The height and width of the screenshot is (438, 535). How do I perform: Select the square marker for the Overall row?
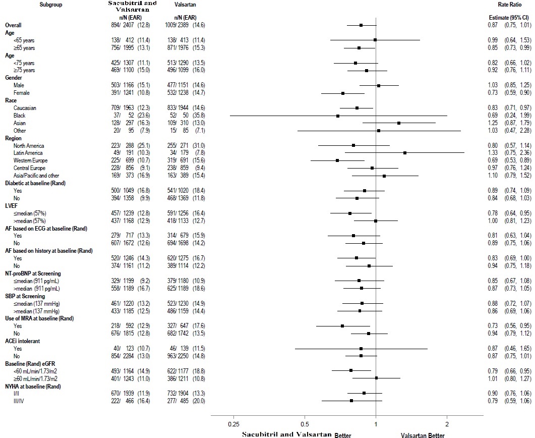coord(361,25)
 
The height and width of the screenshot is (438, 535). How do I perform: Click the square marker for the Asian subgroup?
coord(399,123)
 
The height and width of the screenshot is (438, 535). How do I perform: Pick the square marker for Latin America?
coord(405,152)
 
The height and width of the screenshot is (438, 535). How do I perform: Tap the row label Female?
coord(21,93)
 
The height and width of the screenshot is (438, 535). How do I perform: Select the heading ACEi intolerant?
coord(23,341)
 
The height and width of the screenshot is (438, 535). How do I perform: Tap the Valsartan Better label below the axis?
coord(423,434)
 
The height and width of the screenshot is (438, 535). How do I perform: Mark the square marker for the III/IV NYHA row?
coord(351,401)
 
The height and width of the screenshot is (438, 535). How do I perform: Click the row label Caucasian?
coord(25,108)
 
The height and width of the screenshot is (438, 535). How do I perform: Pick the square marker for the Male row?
coord(379,85)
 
